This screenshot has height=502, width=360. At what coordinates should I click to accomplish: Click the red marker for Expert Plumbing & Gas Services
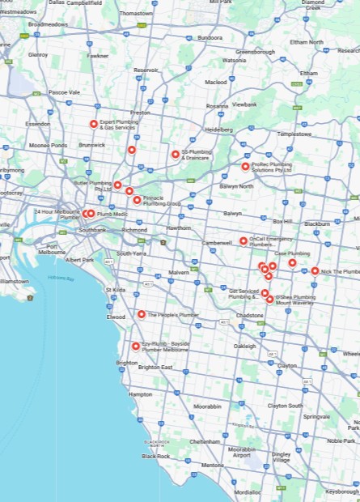coord(94,124)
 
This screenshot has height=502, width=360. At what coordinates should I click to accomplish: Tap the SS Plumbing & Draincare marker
coord(175,154)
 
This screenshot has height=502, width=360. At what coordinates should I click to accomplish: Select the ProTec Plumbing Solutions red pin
coord(245,167)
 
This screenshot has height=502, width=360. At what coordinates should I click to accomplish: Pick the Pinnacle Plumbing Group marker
coord(137,199)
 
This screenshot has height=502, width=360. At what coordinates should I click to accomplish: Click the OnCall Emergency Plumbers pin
coord(243,240)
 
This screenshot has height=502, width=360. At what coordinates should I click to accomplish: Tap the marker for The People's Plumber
coord(141,314)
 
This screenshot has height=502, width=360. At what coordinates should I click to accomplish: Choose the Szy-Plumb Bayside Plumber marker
coord(135,346)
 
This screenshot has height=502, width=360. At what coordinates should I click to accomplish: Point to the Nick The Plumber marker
coord(315,271)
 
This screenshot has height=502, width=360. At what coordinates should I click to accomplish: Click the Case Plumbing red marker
coord(292,262)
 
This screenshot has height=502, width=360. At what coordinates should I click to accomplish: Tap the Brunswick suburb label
coord(91,145)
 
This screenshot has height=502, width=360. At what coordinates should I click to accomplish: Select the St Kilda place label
coord(115,289)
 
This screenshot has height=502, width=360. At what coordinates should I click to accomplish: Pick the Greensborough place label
coord(255,51)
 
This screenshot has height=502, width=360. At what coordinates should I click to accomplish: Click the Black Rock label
coord(155,456)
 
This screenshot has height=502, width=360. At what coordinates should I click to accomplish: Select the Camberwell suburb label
coord(217,243)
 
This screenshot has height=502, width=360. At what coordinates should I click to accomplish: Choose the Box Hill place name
coord(282,220)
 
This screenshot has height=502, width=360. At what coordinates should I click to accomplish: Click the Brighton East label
coord(155,368)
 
